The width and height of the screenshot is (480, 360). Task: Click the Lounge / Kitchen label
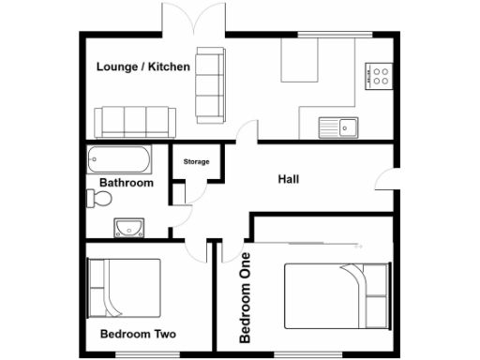pyautogui.click(x=143, y=67)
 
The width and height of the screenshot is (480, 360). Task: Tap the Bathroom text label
pyautogui.click(x=127, y=183)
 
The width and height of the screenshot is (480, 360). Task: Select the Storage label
pyautogui.click(x=196, y=162)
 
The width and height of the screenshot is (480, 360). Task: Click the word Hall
pyautogui.click(x=289, y=178)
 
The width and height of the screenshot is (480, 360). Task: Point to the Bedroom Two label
pyautogui.click(x=138, y=334)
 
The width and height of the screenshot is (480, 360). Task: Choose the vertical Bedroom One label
pyautogui.click(x=245, y=297)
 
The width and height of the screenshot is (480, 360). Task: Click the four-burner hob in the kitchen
pyautogui.click(x=380, y=75)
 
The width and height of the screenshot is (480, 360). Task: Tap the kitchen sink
pyautogui.click(x=338, y=124)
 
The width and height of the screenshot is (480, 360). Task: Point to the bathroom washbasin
pyautogui.click(x=127, y=227)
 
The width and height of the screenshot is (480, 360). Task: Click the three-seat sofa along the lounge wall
pyautogui.click(x=135, y=121)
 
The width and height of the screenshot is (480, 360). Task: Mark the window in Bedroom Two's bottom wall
pyautogui.click(x=138, y=355)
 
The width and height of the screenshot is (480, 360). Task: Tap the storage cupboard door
pyautogui.click(x=182, y=193)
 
